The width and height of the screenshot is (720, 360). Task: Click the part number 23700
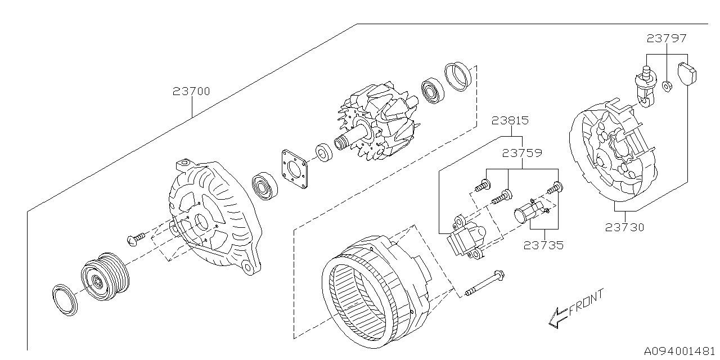click(x=191, y=91)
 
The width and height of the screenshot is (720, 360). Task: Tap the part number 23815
click(x=510, y=120)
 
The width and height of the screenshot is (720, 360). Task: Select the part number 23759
click(x=522, y=152)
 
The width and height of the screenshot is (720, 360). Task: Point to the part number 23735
click(x=544, y=245)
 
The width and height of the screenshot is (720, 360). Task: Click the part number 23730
click(x=625, y=227)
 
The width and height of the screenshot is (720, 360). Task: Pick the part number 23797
click(x=667, y=39)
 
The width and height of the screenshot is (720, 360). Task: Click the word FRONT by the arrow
click(x=586, y=304)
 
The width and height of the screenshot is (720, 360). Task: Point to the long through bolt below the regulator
click(x=483, y=285)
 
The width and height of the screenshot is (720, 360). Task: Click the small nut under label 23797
click(x=667, y=87)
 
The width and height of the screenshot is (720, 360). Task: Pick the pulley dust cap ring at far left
click(x=64, y=299)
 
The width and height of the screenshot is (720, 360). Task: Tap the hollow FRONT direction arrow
click(x=557, y=318)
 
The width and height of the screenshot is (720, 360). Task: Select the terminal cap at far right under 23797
click(x=687, y=73)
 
